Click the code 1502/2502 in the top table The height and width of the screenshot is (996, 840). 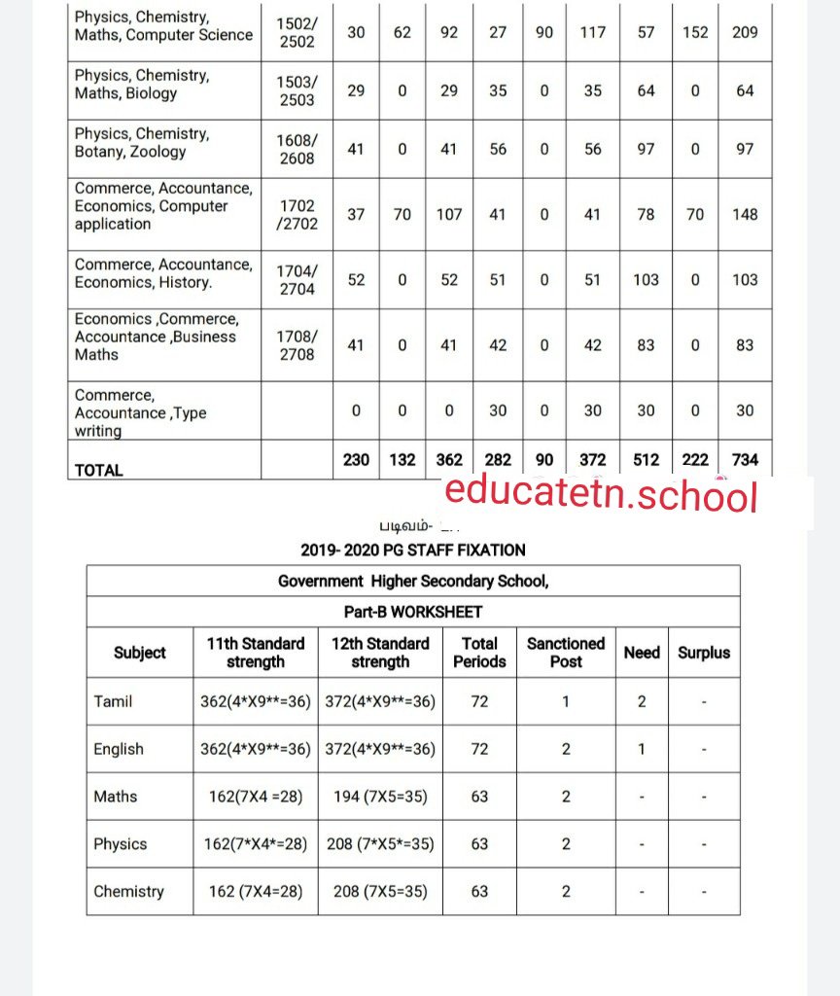297,32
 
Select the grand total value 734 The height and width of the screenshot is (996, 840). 745,459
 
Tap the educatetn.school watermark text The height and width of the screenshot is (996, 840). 601,495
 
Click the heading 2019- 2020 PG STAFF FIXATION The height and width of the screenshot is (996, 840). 413,550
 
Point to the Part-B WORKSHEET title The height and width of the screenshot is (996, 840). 413,612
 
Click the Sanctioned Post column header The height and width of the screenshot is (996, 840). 566,653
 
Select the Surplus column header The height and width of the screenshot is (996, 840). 704,653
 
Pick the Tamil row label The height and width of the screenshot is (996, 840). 114,701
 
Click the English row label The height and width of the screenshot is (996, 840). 119,749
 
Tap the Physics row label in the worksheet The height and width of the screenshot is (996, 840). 120,844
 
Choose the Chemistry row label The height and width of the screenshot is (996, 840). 128,891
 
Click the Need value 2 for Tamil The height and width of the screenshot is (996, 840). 642,701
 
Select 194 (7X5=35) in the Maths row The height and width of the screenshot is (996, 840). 380,797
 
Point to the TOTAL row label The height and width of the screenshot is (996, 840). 99,470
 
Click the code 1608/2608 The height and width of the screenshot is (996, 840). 297,150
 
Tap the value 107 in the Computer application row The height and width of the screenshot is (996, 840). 449,214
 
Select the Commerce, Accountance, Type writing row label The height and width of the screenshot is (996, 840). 141,412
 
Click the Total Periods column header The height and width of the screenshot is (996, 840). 479,653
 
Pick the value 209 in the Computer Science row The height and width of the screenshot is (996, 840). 745,32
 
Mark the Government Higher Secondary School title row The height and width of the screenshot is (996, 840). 413,581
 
